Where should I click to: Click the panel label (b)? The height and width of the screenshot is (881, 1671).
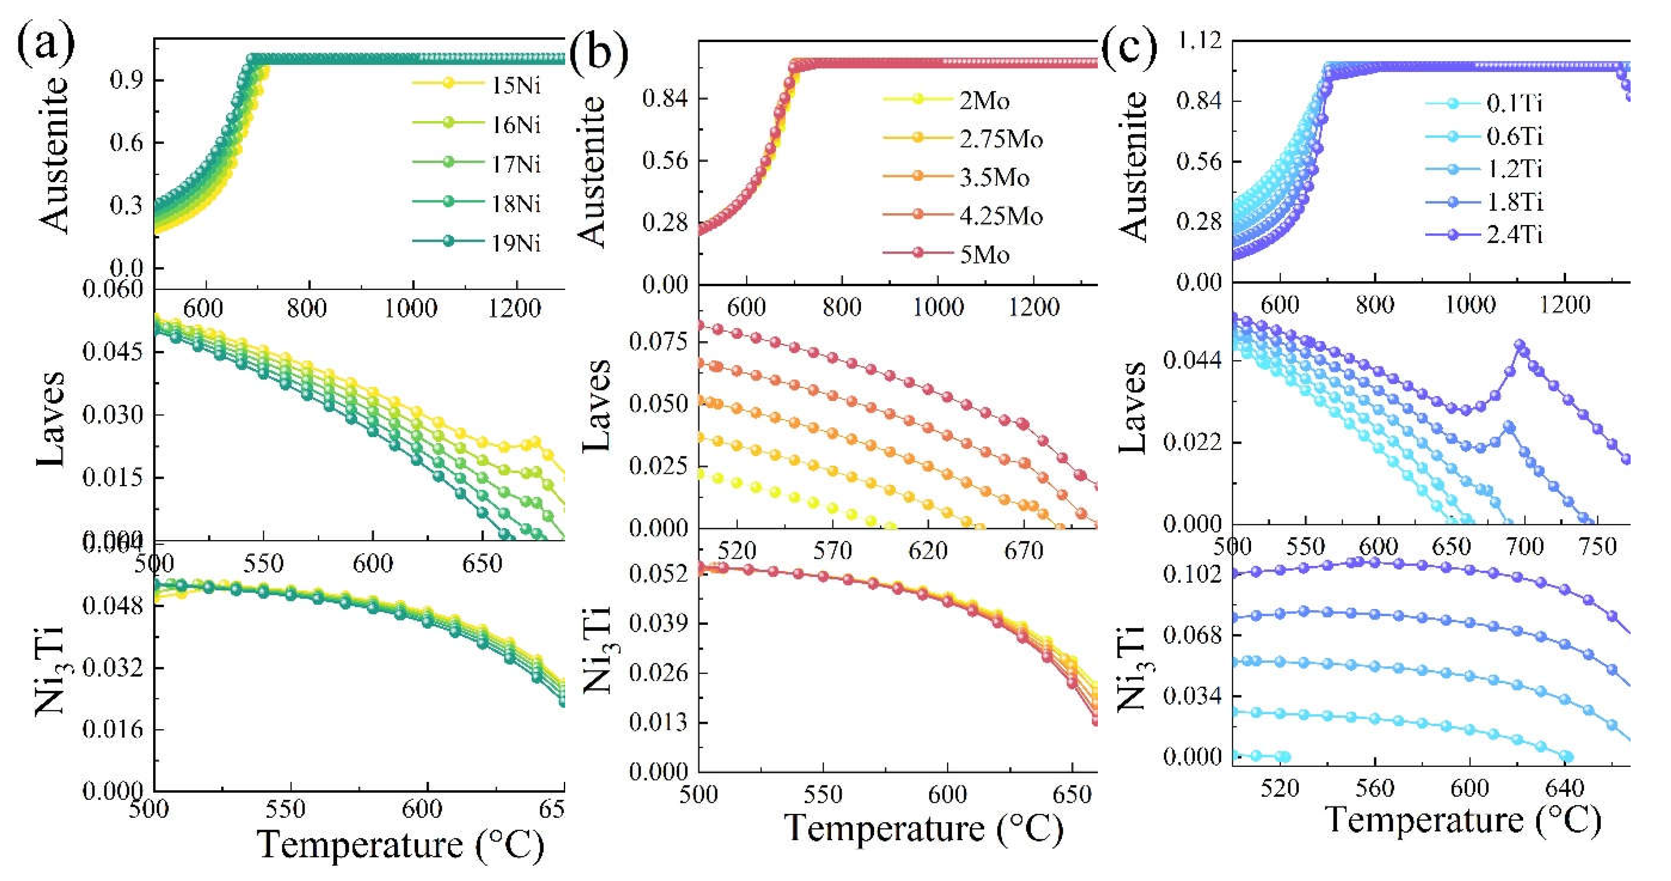[x=598, y=52]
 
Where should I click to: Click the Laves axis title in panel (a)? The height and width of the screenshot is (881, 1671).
[x=50, y=419]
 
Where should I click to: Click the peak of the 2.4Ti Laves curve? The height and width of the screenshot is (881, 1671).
[x=1519, y=345]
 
